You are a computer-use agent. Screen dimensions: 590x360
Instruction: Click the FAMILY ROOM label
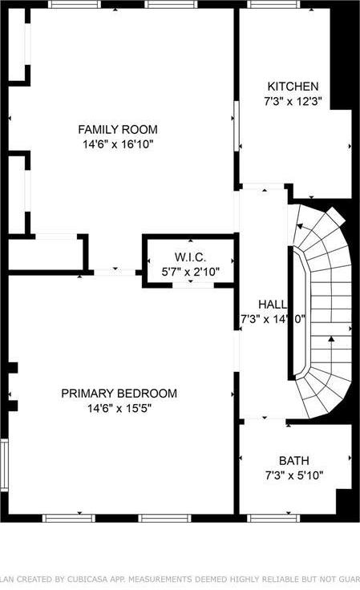pyautogui.click(x=117, y=129)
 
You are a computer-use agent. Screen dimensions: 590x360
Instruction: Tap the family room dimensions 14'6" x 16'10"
pyautogui.click(x=117, y=144)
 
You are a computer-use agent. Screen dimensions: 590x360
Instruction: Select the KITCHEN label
pyautogui.click(x=293, y=87)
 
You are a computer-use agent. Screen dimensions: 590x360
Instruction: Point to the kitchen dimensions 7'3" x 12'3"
pyautogui.click(x=293, y=102)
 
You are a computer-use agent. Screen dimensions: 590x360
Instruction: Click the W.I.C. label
pyautogui.click(x=190, y=257)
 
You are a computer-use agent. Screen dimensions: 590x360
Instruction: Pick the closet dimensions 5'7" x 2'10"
pyautogui.click(x=190, y=271)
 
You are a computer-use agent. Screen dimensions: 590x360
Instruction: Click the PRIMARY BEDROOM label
pyautogui.click(x=119, y=393)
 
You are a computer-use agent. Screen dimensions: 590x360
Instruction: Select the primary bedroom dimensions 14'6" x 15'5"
pyautogui.click(x=119, y=408)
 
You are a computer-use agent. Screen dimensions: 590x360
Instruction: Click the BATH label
pyautogui.click(x=293, y=460)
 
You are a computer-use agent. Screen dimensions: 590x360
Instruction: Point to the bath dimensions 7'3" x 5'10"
pyautogui.click(x=293, y=475)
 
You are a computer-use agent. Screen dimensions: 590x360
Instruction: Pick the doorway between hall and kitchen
pyautogui.click(x=264, y=188)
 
